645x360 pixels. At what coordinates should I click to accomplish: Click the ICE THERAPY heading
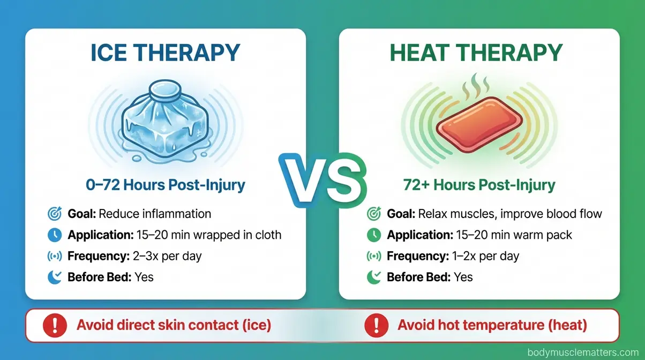click(166, 54)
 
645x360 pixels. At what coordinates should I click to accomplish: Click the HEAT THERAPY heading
click(477, 54)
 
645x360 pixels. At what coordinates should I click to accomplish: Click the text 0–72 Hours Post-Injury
click(166, 185)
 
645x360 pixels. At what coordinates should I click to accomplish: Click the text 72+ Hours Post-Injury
click(479, 185)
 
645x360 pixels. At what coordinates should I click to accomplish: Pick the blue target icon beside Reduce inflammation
click(55, 214)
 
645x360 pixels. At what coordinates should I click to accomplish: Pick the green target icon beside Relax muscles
click(373, 214)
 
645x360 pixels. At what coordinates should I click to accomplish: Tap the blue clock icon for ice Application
click(55, 235)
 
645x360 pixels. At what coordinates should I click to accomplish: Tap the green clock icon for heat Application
click(373, 235)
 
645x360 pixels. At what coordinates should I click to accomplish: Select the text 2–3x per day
click(167, 256)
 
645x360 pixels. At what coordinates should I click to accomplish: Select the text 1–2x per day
click(484, 256)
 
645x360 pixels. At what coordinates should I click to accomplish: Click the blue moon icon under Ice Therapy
click(55, 277)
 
